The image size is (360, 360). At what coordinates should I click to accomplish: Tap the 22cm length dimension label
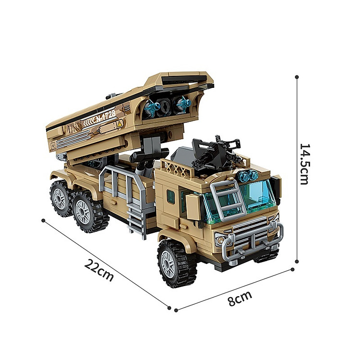99,270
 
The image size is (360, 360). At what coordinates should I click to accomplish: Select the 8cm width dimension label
240,298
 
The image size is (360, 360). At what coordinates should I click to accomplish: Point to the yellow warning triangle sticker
120,124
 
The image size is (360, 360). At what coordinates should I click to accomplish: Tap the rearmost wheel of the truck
61,199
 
